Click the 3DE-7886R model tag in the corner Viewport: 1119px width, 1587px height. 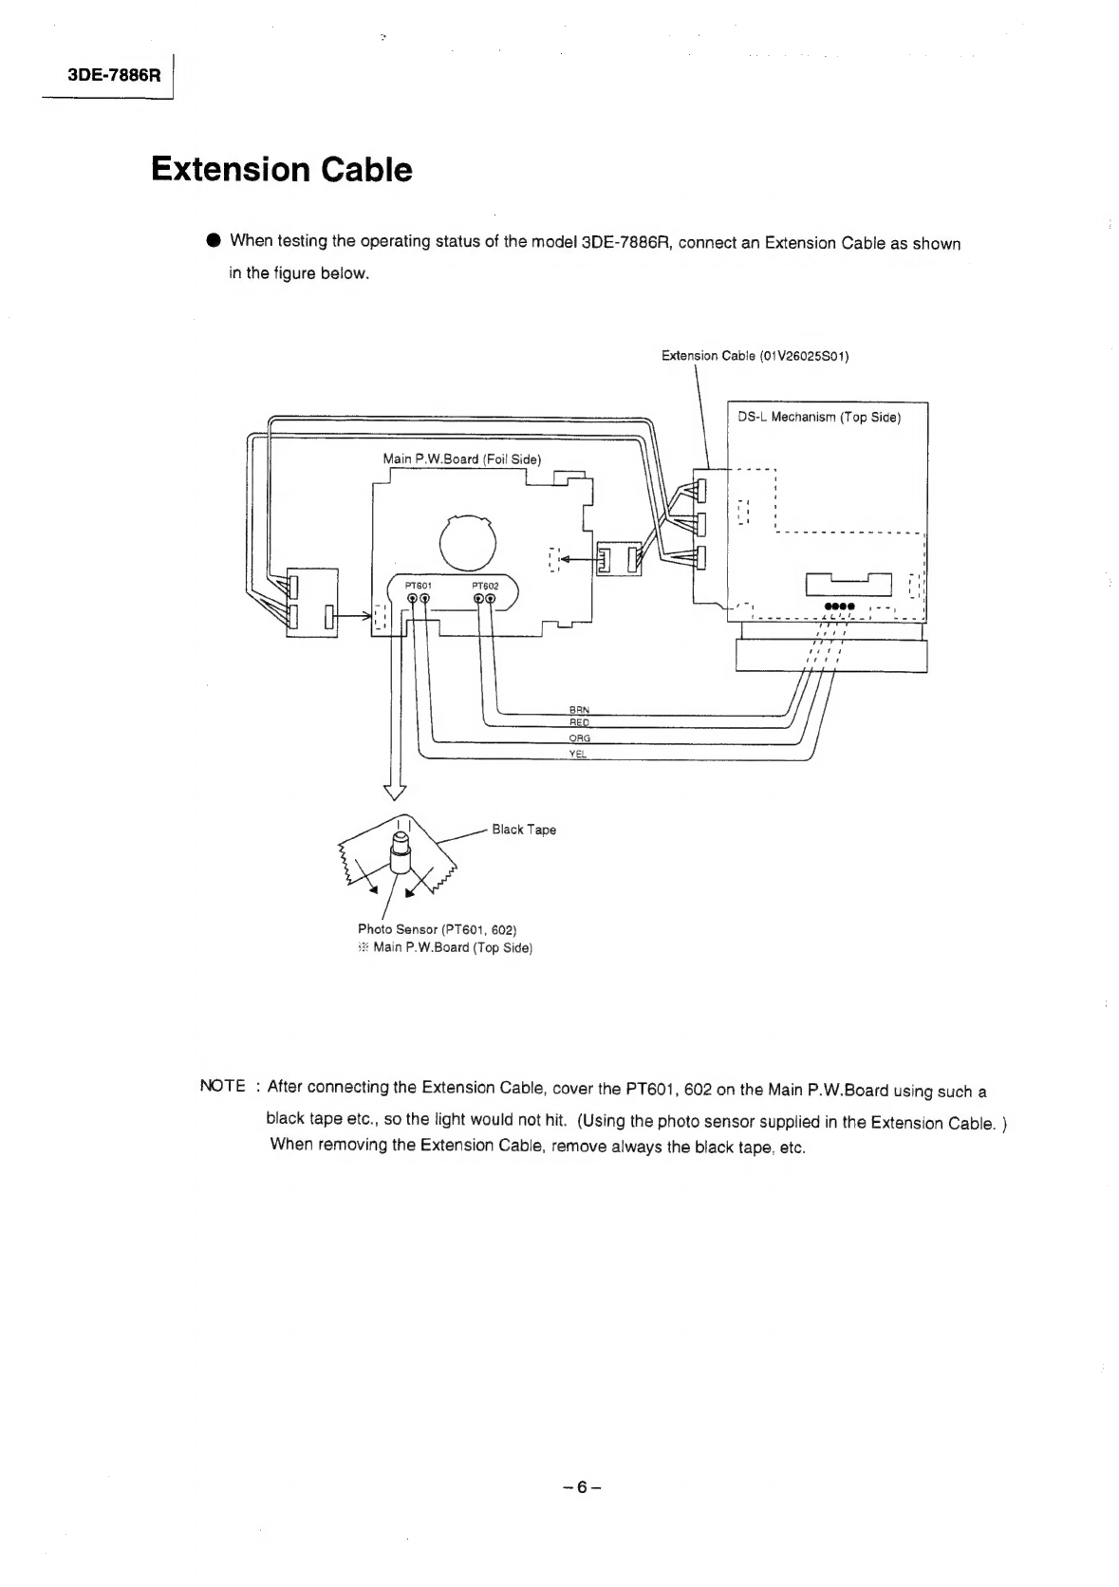point(114,74)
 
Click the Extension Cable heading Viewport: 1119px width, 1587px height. point(281,170)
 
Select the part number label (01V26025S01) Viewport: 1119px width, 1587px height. point(804,356)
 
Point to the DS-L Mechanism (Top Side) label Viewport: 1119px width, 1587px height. point(819,418)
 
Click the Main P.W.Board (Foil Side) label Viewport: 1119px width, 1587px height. point(462,459)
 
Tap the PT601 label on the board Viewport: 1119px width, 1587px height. point(418,586)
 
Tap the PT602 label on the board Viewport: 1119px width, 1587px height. point(485,586)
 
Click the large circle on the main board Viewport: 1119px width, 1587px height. point(467,543)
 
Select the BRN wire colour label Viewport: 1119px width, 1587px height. point(579,709)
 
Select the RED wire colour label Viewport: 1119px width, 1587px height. point(579,722)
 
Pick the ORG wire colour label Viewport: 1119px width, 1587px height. point(579,738)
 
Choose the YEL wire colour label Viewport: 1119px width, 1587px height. point(578,754)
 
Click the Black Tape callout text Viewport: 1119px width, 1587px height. point(523,830)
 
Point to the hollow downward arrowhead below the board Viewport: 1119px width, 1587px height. point(395,793)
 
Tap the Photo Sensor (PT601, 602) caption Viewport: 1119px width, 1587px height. point(437,929)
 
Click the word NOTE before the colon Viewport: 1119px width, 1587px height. point(222,1086)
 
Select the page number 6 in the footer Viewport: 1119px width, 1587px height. point(582,1487)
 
